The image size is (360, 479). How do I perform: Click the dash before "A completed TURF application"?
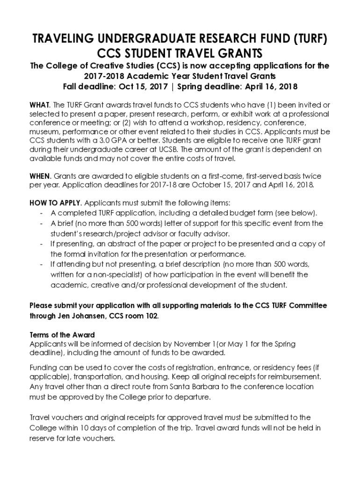coord(42,213)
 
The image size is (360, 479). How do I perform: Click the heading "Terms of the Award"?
coord(62,335)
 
